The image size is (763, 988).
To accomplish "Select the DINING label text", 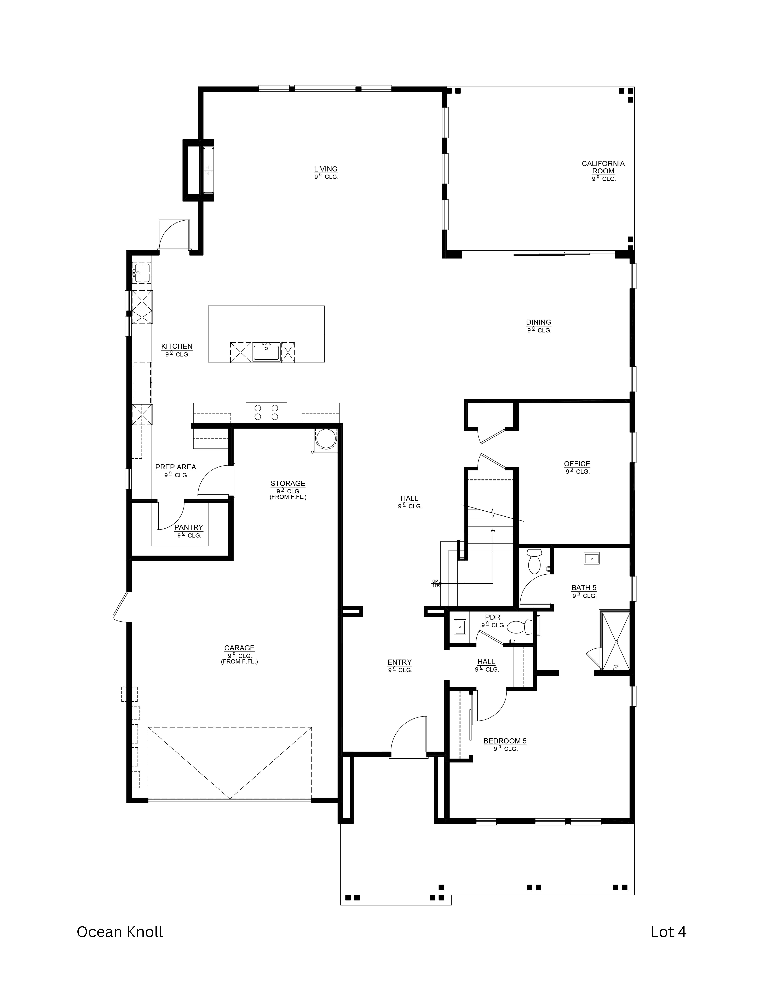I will pyautogui.click(x=538, y=322).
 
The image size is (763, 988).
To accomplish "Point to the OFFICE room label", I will pyautogui.click(x=577, y=464).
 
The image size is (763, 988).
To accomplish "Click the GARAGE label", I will pyautogui.click(x=239, y=648).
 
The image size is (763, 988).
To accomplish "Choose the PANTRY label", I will pyautogui.click(x=189, y=527).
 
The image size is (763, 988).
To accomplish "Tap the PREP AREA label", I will pyautogui.click(x=175, y=467).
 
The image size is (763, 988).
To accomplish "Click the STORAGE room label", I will pyautogui.click(x=288, y=483).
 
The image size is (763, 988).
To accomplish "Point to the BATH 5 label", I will pyautogui.click(x=584, y=588).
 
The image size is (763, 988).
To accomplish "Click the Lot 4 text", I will pyautogui.click(x=668, y=932).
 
